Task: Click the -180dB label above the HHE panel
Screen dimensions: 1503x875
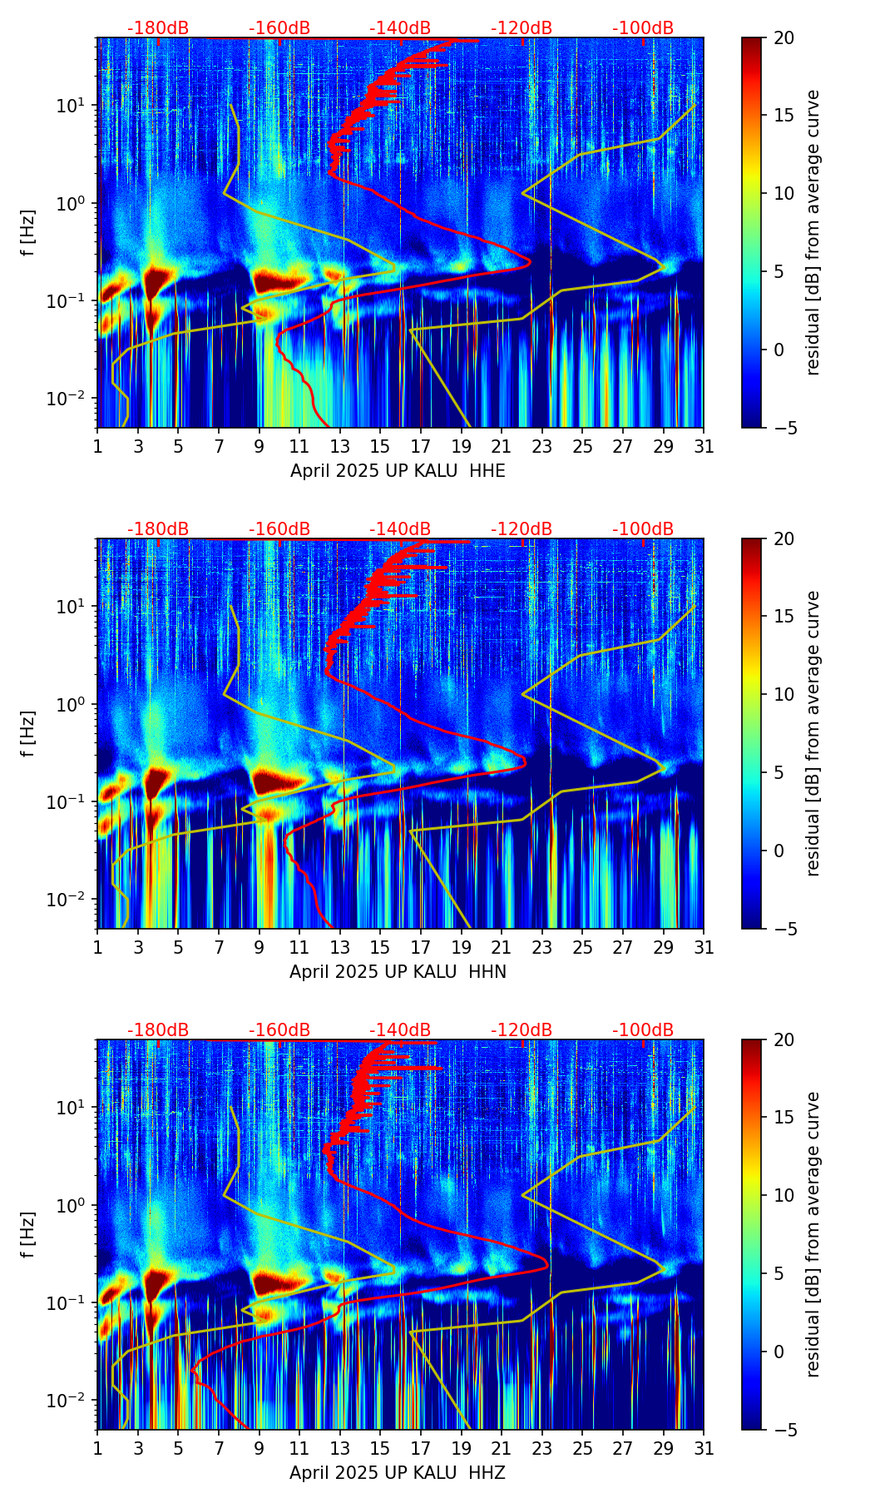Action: point(158,28)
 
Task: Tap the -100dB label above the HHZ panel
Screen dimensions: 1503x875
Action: point(643,1030)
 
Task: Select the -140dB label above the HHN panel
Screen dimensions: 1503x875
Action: point(400,529)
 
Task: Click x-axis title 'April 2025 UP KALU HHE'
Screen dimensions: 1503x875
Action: point(398,471)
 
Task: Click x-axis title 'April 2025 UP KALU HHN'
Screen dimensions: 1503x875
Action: point(398,972)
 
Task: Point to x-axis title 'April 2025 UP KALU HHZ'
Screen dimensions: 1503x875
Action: point(398,1473)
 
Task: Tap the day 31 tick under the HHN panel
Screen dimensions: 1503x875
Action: point(704,947)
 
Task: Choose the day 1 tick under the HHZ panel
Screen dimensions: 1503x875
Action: point(98,1448)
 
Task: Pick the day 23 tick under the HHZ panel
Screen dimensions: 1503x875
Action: point(542,1448)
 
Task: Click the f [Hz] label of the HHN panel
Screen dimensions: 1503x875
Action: point(29,733)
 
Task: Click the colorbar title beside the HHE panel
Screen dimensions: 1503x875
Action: point(813,232)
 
